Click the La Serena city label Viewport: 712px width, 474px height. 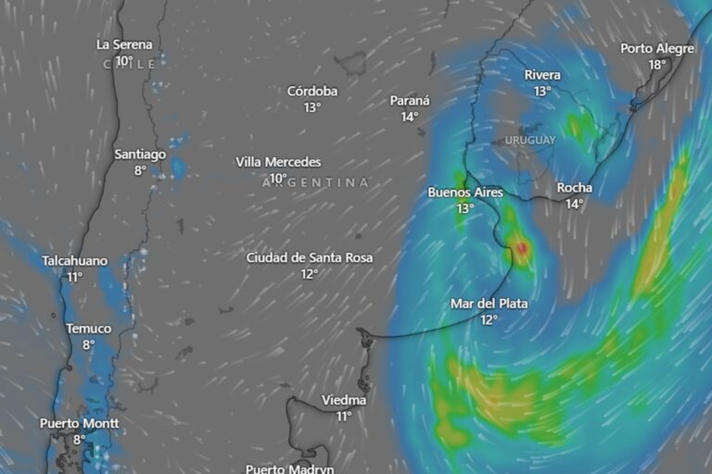(124, 44)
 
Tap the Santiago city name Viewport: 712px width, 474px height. (140, 155)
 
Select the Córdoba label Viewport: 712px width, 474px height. (312, 91)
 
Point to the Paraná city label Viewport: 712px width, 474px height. (409, 101)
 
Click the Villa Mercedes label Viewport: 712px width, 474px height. (278, 162)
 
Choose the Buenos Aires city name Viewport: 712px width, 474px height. (464, 193)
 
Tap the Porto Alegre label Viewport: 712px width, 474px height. (656, 49)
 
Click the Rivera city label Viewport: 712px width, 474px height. (542, 75)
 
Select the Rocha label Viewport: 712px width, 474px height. (574, 188)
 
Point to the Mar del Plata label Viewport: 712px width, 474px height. (489, 304)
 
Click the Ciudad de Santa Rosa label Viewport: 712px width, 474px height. (310, 257)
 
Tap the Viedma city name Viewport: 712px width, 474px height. (343, 400)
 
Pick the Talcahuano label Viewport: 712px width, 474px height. (74, 261)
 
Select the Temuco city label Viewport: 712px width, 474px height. (88, 329)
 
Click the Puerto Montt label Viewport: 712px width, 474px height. (79, 424)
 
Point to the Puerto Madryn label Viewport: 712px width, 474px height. (289, 468)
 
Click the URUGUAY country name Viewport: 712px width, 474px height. (530, 140)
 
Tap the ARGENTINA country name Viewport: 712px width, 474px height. (315, 182)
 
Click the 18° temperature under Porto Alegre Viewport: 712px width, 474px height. (656, 65)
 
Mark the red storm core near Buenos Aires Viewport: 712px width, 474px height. (522, 247)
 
